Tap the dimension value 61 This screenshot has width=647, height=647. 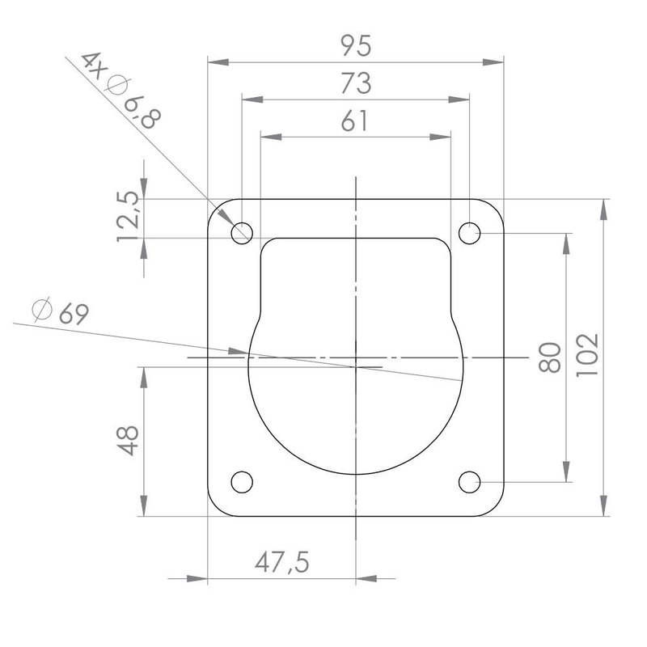(x=354, y=121)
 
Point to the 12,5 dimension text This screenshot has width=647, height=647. (x=129, y=216)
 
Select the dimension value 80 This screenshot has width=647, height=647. (x=549, y=358)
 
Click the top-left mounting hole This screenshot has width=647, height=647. (x=241, y=234)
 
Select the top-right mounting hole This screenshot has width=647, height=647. (x=469, y=234)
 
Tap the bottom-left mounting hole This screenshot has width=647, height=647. (x=241, y=482)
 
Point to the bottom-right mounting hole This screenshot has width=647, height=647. (x=469, y=482)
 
